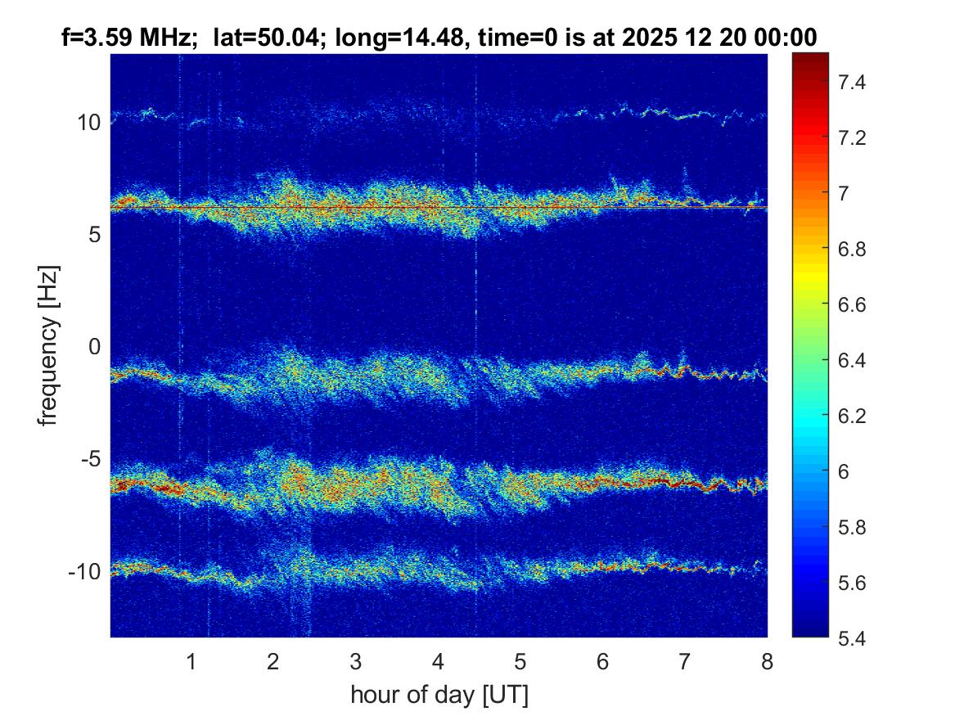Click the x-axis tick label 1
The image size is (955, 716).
[191, 661]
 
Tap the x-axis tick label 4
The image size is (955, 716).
[438, 661]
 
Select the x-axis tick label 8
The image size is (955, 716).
[767, 661]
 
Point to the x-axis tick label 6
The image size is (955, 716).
[602, 661]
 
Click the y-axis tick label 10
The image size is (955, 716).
[88, 123]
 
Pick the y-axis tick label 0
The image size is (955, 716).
[94, 346]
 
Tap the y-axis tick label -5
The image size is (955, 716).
[91, 458]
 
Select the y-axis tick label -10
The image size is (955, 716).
[84, 571]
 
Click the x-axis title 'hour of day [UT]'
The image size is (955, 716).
[439, 695]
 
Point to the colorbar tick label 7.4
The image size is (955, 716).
[851, 82]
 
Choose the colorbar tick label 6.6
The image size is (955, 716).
[851, 304]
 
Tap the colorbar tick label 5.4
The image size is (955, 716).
[851, 638]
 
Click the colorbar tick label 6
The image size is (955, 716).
[844, 471]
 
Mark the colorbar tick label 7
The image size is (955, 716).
[844, 193]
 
